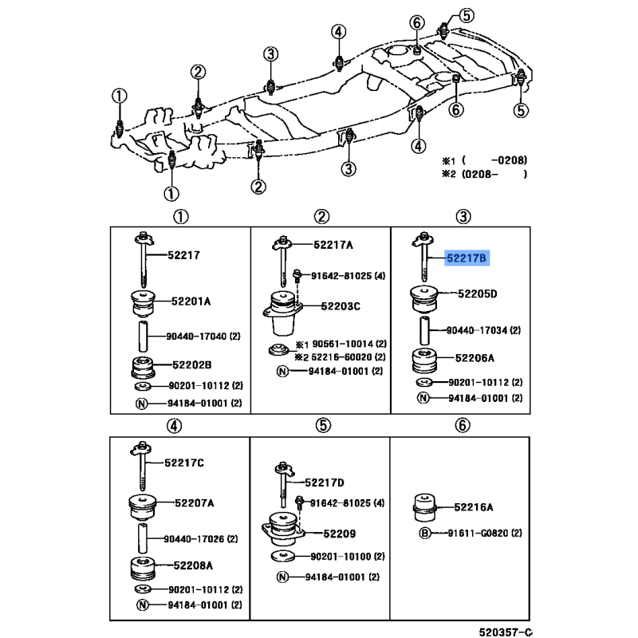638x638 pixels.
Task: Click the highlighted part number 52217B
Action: click(467, 258)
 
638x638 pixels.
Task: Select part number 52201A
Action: click(191, 301)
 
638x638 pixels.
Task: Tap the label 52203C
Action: click(341, 306)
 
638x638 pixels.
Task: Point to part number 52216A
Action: click(474, 507)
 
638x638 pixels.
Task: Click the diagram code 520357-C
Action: click(506, 632)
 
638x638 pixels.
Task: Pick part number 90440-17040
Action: click(196, 337)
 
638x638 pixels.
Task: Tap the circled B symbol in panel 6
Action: click(424, 533)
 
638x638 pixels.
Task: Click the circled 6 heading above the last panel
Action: click(463, 426)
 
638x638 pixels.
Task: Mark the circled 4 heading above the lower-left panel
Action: click(174, 426)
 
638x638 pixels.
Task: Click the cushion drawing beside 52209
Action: click(282, 530)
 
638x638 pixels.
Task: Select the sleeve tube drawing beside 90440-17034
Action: click(424, 331)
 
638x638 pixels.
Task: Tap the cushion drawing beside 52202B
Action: click(143, 367)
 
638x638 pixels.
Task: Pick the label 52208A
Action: click(193, 565)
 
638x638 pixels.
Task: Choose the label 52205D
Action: click(477, 293)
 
